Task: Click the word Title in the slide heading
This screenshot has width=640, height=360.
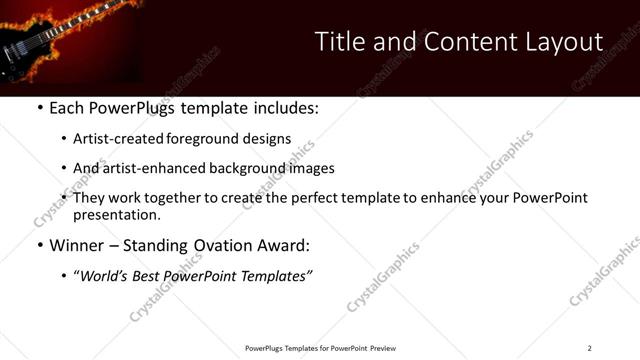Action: (x=340, y=42)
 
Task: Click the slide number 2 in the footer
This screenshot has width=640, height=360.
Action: (x=589, y=348)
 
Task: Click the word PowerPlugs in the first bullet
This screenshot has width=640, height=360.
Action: (x=130, y=108)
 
